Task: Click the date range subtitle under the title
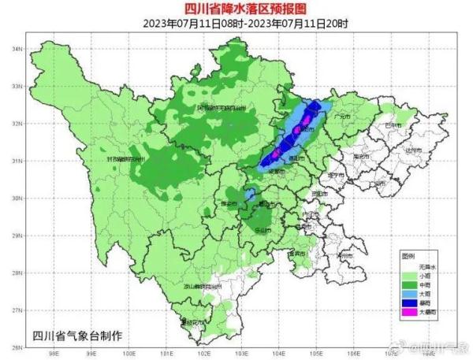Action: tap(237, 23)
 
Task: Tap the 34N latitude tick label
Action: tap(13, 49)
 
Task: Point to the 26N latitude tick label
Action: tap(13, 346)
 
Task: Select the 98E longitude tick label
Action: tap(54, 353)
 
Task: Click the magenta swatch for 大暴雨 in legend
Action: tap(409, 313)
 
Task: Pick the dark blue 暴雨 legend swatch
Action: tap(409, 302)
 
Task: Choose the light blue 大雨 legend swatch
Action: tap(409, 291)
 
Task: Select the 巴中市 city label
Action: tap(392, 125)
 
